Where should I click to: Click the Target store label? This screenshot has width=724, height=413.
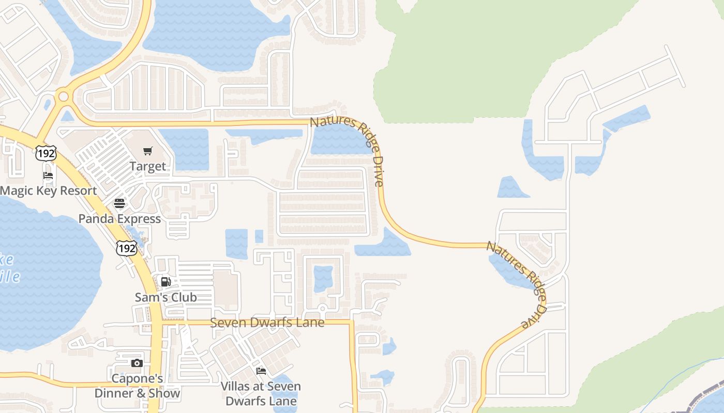148,166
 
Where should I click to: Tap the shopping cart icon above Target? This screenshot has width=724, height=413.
148,151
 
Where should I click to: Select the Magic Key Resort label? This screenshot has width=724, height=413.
49,190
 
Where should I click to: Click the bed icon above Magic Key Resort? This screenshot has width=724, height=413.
48,176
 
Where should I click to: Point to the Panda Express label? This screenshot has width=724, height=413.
119,218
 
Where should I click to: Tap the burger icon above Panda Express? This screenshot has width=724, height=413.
119,203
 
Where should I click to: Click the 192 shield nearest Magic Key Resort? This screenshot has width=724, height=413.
46,153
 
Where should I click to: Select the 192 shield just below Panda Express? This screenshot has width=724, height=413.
127,248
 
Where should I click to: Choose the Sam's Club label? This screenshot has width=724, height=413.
165,297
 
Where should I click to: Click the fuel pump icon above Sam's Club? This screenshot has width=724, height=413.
165,282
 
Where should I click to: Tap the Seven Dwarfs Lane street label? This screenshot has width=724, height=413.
267,323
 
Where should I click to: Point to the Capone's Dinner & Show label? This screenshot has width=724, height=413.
137,386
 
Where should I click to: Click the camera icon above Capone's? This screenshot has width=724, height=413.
137,363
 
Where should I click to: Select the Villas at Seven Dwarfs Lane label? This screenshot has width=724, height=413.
261,393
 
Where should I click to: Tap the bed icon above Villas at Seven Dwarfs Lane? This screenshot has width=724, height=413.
261,371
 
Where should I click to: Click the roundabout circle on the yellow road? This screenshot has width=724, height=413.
64,97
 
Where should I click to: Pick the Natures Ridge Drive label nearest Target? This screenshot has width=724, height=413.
348,150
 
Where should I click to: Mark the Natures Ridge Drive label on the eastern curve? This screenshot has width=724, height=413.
517,284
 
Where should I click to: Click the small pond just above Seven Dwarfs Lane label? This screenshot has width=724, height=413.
323,279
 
